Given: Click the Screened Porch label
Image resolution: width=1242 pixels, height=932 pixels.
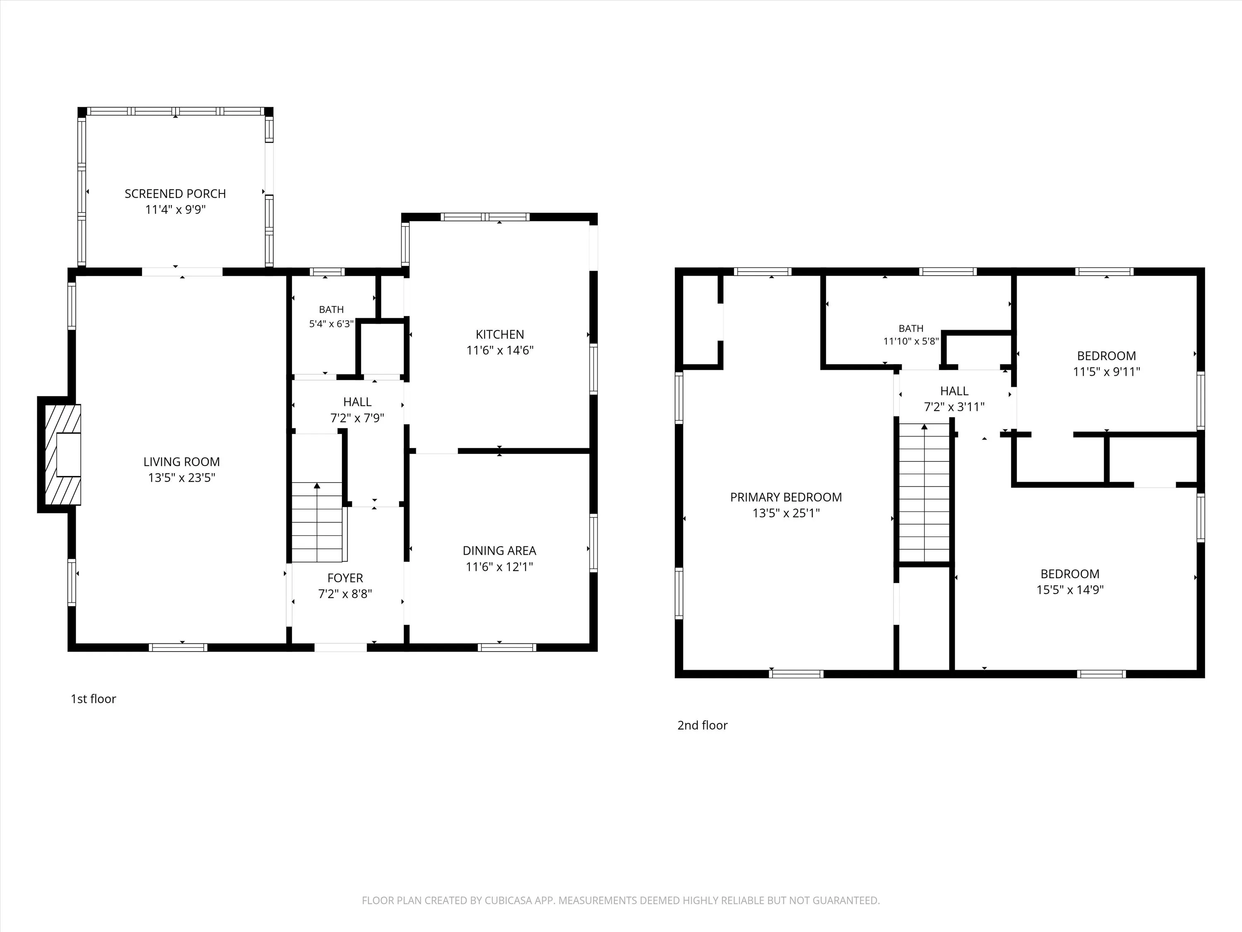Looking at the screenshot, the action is [x=175, y=194].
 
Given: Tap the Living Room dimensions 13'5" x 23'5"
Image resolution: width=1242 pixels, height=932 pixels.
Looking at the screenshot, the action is [x=181, y=478].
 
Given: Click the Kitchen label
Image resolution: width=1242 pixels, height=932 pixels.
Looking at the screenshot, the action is [x=500, y=335].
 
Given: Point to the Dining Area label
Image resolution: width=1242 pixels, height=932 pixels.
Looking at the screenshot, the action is [x=499, y=551].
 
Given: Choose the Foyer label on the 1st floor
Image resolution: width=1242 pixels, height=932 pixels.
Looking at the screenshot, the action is [x=345, y=578].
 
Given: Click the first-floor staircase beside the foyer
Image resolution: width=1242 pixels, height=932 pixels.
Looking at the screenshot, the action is [x=317, y=522].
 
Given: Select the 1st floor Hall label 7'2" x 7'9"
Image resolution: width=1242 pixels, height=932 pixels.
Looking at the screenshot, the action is [x=357, y=410].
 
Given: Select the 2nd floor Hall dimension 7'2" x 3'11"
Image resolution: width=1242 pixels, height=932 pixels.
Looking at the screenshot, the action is [x=955, y=407].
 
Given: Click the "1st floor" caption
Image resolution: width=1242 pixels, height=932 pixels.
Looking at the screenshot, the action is [x=93, y=699].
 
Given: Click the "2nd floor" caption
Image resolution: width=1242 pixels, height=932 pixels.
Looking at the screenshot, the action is [x=703, y=725].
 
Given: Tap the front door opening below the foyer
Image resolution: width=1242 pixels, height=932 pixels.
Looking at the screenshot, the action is [x=340, y=647].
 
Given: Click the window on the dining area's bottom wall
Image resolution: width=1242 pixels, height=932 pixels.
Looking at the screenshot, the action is [x=507, y=647].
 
